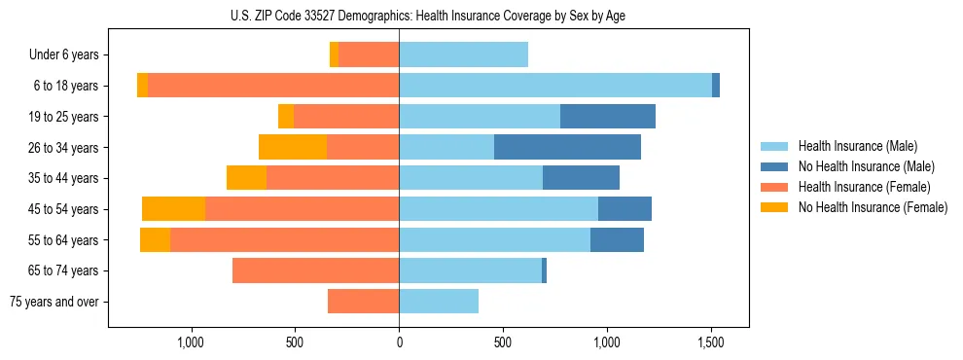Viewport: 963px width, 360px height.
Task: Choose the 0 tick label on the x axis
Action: click(399, 343)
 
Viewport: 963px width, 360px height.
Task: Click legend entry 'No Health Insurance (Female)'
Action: click(873, 207)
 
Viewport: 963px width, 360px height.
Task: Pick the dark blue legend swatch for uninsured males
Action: click(774, 166)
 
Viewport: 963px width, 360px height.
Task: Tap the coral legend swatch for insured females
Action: click(774, 187)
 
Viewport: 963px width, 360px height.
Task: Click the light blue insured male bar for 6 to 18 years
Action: click(554, 86)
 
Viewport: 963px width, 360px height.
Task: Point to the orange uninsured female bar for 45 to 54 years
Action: click(173, 208)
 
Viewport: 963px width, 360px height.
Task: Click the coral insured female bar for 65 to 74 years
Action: click(315, 270)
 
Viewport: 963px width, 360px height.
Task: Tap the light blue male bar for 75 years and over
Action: click(438, 302)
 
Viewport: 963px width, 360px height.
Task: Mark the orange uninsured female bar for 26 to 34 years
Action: click(293, 147)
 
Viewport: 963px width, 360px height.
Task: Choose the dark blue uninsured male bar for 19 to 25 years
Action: click(608, 117)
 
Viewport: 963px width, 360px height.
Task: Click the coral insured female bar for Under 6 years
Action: click(369, 55)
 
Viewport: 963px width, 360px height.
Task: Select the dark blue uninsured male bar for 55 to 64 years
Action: click(617, 239)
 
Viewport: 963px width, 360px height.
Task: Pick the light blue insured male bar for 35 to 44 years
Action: click(471, 178)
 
